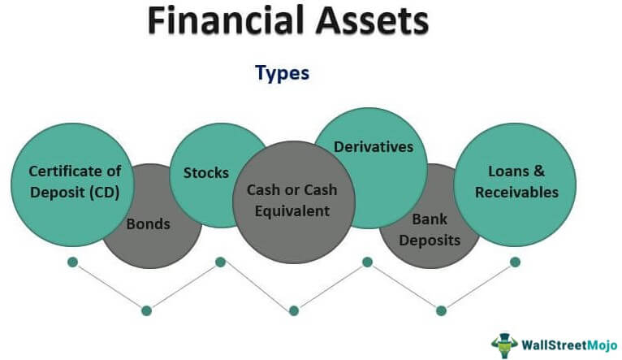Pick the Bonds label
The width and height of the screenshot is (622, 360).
(148, 223)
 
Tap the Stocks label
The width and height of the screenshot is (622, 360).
(206, 172)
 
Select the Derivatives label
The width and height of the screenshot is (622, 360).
(374, 147)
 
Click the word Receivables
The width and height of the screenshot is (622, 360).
(517, 193)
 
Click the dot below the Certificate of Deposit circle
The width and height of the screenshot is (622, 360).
(72, 262)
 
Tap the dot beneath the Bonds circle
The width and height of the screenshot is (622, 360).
(146, 310)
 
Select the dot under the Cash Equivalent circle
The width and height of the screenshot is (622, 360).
(293, 310)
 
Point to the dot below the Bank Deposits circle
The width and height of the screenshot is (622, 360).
(441, 310)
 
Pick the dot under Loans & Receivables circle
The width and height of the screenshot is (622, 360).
(515, 262)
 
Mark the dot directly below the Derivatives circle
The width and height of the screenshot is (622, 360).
(367, 262)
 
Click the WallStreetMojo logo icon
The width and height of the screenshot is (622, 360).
(504, 343)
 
